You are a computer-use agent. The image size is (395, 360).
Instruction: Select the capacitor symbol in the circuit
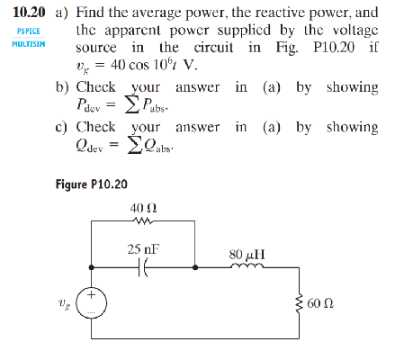(143, 267)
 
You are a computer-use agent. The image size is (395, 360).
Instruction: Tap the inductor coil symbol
(243, 266)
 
